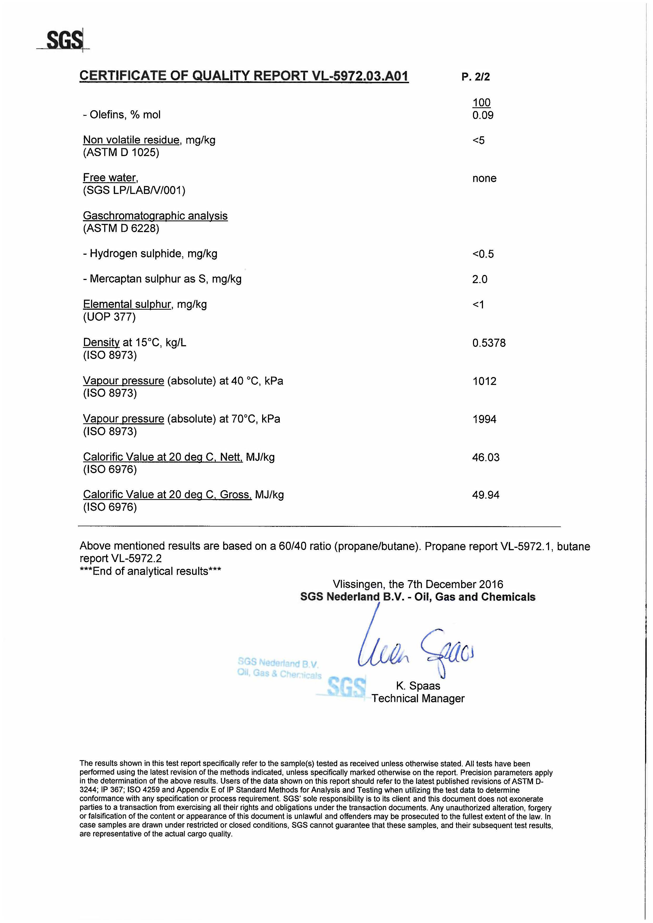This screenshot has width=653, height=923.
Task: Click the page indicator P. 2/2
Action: click(x=476, y=77)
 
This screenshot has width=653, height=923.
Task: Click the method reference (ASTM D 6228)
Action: click(x=121, y=228)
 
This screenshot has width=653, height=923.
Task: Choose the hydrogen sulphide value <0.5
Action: click(x=483, y=254)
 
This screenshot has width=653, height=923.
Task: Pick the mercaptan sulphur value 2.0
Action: click(x=480, y=279)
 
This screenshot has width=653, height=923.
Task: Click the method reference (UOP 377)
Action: click(x=109, y=317)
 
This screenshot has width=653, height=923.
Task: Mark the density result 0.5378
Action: click(x=489, y=343)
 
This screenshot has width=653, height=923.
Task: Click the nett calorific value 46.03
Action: click(x=486, y=457)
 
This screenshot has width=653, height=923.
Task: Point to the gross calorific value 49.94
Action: click(x=486, y=495)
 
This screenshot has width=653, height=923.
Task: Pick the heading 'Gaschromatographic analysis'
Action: click(x=155, y=216)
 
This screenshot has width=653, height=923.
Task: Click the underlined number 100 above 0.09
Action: click(x=481, y=103)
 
